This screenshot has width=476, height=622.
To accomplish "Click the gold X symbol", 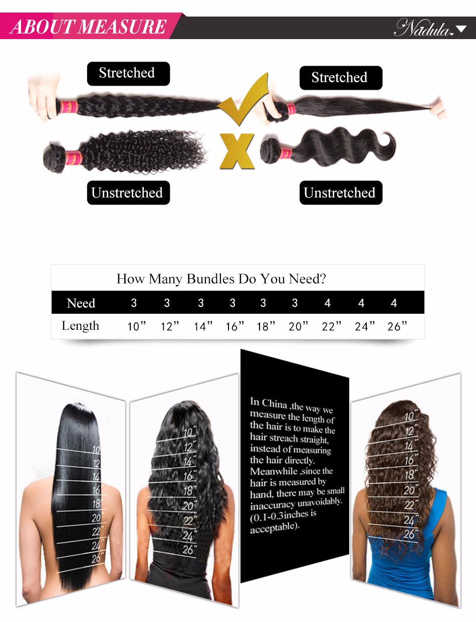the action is [237, 151].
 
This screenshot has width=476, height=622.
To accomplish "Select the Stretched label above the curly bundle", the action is [128, 74].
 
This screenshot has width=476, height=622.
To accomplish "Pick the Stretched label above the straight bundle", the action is [341, 78].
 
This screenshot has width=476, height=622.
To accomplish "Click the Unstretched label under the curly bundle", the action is [128, 192].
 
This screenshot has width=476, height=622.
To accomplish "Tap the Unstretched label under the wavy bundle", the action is [341, 192].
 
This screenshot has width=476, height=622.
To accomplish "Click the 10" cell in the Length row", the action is [137, 326].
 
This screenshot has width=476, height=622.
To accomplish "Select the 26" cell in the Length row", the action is [397, 326].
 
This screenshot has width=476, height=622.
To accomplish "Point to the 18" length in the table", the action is [266, 326].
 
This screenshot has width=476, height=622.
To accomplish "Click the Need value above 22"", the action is [328, 303].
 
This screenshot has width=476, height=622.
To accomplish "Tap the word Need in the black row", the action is [81, 303].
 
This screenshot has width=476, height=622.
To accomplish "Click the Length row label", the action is [80, 326].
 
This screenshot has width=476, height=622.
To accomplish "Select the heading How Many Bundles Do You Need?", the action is [221, 279].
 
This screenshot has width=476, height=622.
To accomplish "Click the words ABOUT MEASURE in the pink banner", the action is [88, 27].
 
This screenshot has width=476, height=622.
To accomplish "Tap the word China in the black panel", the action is [275, 403].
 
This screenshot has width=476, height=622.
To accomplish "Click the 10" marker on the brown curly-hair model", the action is [411, 416].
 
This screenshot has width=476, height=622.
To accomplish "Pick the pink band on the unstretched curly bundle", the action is [74, 158].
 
